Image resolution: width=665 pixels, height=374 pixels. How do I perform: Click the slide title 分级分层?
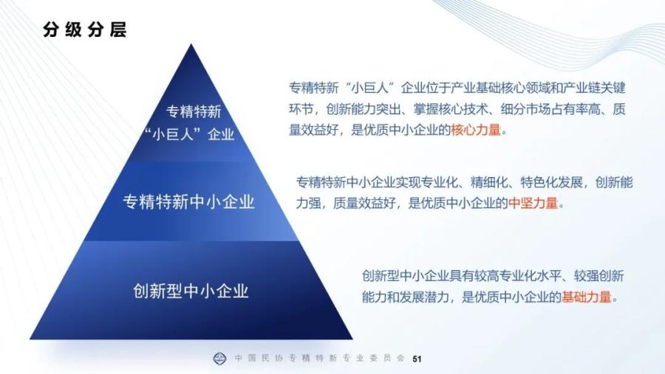85,30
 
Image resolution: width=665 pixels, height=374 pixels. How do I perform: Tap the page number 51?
417,359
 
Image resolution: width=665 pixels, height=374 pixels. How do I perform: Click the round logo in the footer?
219,359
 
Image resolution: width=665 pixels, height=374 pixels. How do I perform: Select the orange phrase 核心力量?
476,130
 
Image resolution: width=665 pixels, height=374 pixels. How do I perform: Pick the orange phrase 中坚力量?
533,204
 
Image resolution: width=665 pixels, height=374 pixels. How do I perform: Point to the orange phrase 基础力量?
587,297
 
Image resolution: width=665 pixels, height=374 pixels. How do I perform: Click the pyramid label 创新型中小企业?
191,291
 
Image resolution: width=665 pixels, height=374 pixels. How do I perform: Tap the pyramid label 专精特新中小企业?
188,201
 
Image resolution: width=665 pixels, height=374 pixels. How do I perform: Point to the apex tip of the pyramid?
191,44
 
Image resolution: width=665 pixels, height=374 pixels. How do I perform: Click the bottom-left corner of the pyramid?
30,339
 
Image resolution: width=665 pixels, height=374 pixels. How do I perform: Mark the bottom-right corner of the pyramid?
352,339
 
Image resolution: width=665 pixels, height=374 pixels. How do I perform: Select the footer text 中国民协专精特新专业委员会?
320,359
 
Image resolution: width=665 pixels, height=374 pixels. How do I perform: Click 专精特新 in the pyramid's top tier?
194,112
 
